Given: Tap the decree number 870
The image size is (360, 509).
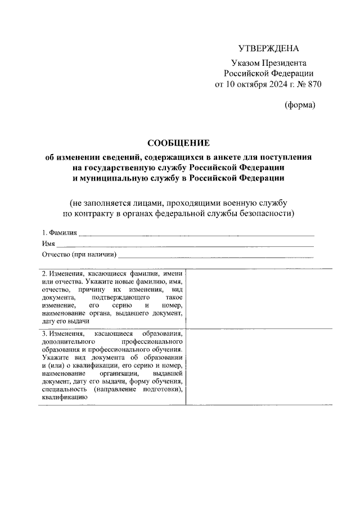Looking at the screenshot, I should [x=313, y=84].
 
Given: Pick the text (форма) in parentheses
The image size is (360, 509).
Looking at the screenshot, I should [x=300, y=105].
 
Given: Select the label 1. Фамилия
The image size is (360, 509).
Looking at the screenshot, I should [x=58, y=233].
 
